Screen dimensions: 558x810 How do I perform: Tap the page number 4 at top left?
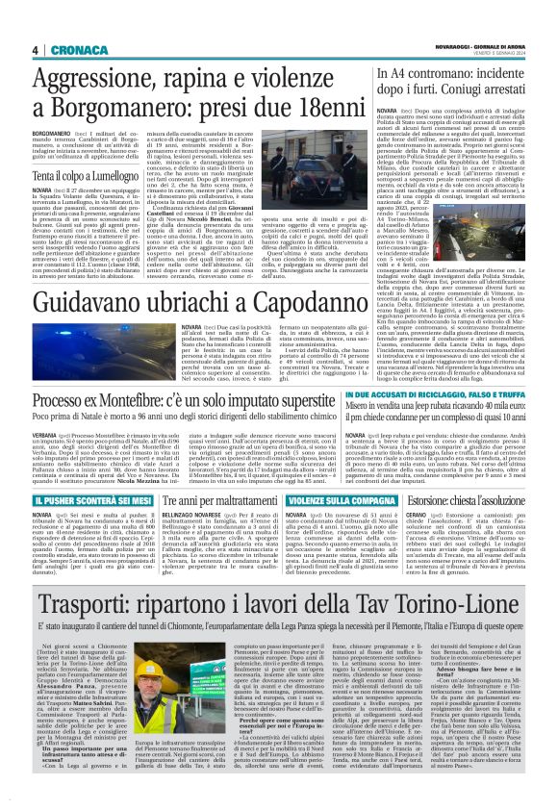click(35, 50)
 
